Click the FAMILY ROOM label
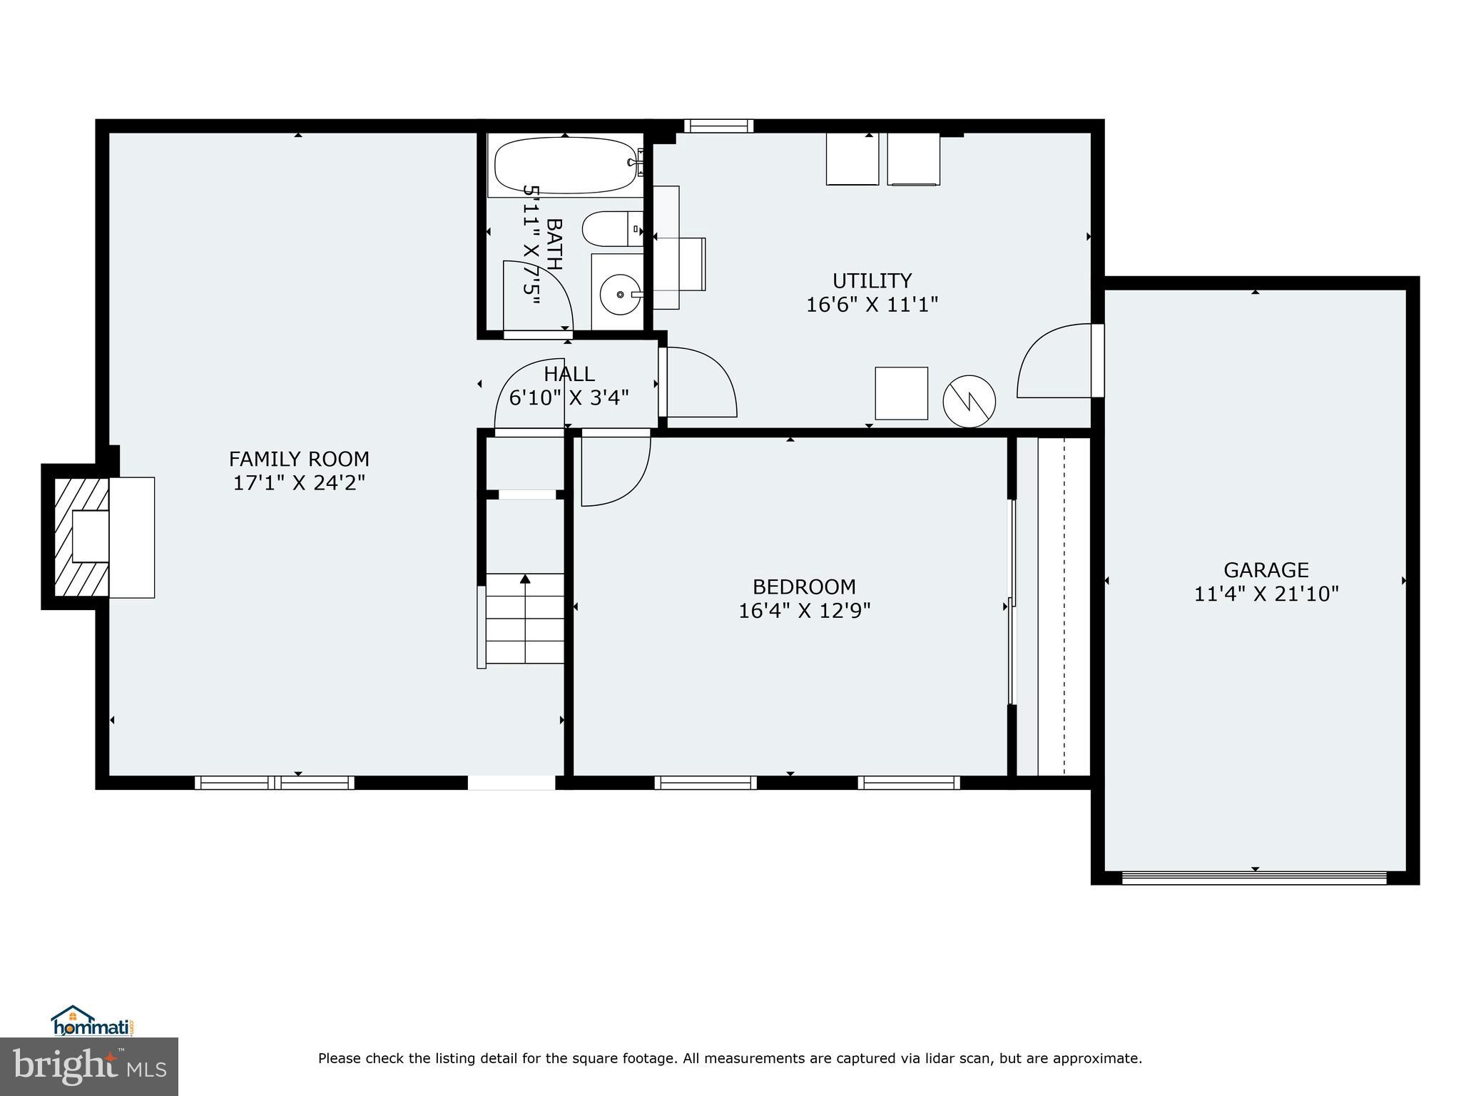click(299, 458)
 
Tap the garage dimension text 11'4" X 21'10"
click(1266, 594)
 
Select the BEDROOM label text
click(804, 587)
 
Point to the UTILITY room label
click(872, 280)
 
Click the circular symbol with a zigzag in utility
click(969, 402)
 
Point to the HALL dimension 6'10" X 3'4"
click(569, 397)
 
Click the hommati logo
click(92, 1020)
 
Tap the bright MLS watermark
click(88, 1066)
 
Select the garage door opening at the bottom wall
click(1254, 878)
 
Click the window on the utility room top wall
click(718, 126)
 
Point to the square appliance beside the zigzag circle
click(901, 393)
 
